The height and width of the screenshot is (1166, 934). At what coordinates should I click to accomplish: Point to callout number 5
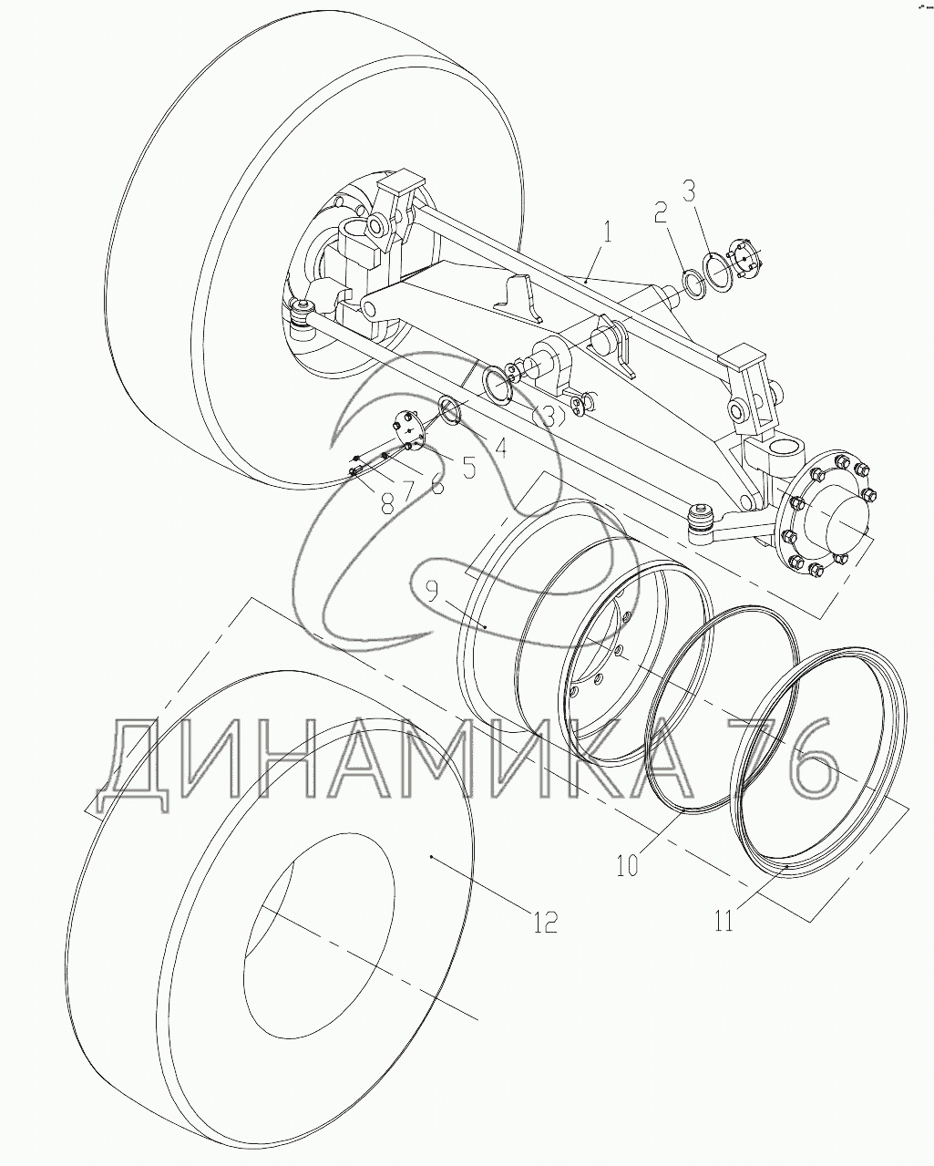[x=467, y=467]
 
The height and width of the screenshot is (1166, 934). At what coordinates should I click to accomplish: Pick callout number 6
[x=438, y=484]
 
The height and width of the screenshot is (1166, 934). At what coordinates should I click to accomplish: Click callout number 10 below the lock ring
[x=627, y=862]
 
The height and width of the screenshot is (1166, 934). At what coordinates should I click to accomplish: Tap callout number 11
[x=724, y=921]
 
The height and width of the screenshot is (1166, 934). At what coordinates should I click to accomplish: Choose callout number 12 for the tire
[x=544, y=922]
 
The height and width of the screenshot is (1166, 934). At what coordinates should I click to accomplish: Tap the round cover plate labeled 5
[x=408, y=430]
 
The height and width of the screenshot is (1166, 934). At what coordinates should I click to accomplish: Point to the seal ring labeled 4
[x=450, y=408]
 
